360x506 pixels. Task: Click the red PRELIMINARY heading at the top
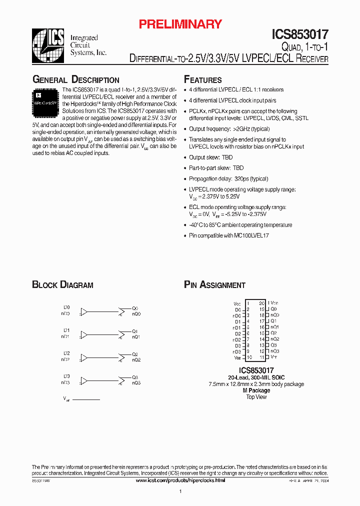(180, 24)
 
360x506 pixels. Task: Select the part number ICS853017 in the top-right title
(300, 34)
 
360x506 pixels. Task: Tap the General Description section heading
(75, 80)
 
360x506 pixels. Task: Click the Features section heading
(202, 80)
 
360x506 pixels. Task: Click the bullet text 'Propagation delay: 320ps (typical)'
(228, 179)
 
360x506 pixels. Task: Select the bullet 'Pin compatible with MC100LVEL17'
(228, 235)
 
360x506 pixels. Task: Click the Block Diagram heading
(62, 285)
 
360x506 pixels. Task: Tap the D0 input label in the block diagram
(66, 307)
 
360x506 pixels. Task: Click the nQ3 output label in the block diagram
(136, 383)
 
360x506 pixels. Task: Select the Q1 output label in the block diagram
(135, 331)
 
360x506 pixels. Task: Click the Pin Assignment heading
(214, 285)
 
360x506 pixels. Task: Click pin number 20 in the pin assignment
(261, 303)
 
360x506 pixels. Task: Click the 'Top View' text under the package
(256, 397)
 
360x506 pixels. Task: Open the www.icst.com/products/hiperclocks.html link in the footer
(180, 480)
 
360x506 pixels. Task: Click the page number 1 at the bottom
(180, 492)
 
